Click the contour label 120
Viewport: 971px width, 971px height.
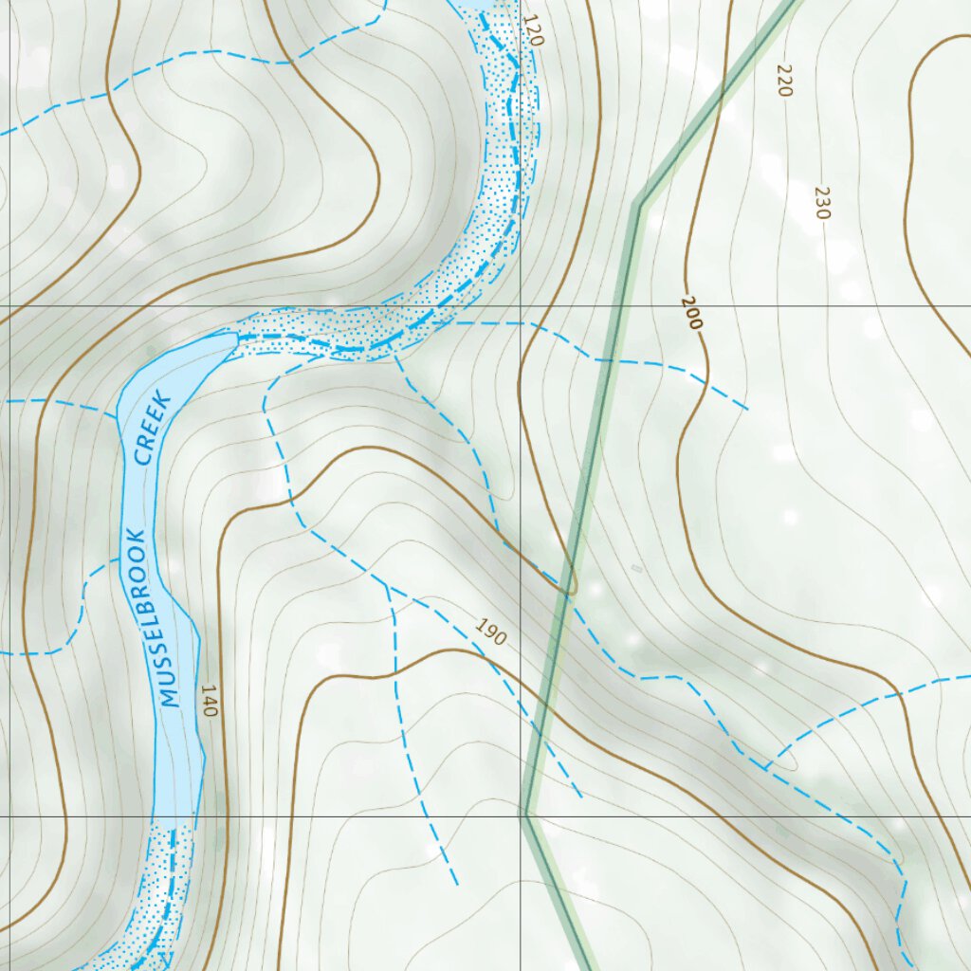[x=534, y=31]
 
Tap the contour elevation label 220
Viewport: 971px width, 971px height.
[x=783, y=81]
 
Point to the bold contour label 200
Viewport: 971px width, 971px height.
[x=691, y=313]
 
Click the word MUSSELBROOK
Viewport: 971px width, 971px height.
[x=151, y=617]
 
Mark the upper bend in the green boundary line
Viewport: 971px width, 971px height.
[x=638, y=204]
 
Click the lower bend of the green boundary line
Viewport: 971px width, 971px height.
[x=525, y=814]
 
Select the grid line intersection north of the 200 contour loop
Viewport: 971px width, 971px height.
[x=521, y=307]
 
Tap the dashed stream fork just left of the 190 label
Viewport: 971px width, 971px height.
[x=387, y=586]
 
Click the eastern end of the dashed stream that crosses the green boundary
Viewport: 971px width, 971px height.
[x=748, y=410]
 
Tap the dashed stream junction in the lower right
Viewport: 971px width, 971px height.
[x=766, y=766]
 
